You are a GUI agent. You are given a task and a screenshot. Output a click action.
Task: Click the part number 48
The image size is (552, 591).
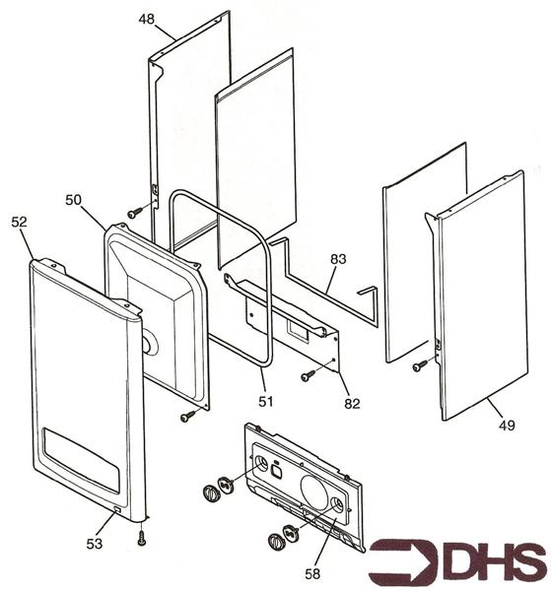pos(146,20)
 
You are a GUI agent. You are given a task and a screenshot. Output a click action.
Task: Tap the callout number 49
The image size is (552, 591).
pos(507,426)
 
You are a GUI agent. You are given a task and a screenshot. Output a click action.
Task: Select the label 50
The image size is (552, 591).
pos(73,200)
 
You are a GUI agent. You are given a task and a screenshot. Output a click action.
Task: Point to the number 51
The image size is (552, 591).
pos(265,402)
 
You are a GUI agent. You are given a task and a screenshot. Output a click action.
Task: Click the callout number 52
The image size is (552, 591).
pos(20,222)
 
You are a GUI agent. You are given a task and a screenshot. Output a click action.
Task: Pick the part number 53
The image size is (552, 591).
pos(94,544)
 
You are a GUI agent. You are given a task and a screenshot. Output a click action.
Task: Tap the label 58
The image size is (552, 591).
pos(312,574)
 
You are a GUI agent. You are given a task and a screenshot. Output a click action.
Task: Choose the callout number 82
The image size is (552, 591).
pos(352,404)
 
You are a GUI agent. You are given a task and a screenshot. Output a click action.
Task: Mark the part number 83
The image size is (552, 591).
pos(338,259)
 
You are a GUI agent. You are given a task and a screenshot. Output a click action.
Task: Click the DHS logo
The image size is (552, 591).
pos(458,563)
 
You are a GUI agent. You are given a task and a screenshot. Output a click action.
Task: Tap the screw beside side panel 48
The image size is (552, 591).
pos(135,213)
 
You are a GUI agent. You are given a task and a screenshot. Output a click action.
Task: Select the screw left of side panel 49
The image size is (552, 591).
pos(420,365)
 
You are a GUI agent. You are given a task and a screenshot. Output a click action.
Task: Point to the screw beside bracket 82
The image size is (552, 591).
pos(309,375)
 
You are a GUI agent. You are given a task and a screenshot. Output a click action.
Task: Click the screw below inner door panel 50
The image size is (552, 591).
pos(187,416)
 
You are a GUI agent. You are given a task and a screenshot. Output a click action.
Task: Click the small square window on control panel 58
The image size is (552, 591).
pos(277,471)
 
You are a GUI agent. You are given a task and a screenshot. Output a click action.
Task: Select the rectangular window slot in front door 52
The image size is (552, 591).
pos(82,460)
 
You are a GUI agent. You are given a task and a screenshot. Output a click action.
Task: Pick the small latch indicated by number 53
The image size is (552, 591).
pos(117,510)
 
